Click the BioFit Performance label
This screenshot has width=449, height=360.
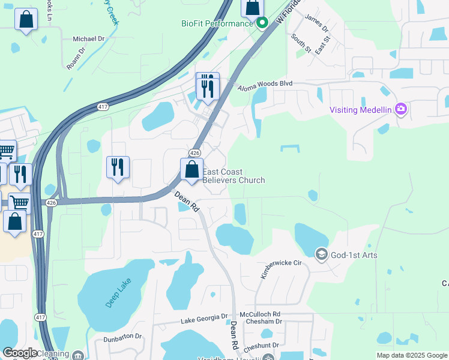(218, 23)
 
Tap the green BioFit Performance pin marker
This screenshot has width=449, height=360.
(262, 24)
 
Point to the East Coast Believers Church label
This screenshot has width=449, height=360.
(234, 176)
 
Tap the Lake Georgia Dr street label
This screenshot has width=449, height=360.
(205, 320)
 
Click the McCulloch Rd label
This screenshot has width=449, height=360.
(260, 314)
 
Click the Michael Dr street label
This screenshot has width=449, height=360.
(89, 38)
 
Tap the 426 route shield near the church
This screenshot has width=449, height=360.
(194, 153)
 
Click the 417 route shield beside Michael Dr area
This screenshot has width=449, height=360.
(103, 107)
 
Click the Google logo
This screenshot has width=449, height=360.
(20, 353)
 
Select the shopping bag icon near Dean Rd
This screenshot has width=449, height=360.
(192, 170)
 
